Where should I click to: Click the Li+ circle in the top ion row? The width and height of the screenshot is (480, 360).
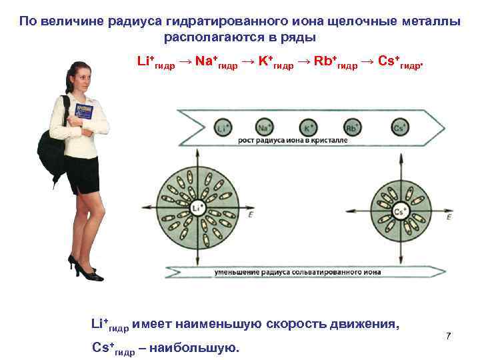[222, 127]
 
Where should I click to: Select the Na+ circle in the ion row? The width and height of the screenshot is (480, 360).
[264, 127]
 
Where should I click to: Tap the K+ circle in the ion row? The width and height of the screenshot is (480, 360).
[309, 127]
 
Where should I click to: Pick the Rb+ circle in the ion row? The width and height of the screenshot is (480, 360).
[352, 127]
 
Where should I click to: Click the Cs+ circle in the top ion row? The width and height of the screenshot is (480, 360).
[399, 127]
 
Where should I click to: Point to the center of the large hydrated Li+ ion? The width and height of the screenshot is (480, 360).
[196, 207]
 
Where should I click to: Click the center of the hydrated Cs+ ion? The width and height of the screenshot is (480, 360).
[400, 212]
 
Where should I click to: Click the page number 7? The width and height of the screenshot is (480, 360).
[449, 335]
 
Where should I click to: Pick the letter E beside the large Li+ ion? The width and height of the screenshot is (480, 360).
[250, 215]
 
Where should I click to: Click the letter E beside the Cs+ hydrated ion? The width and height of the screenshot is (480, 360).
[449, 217]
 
